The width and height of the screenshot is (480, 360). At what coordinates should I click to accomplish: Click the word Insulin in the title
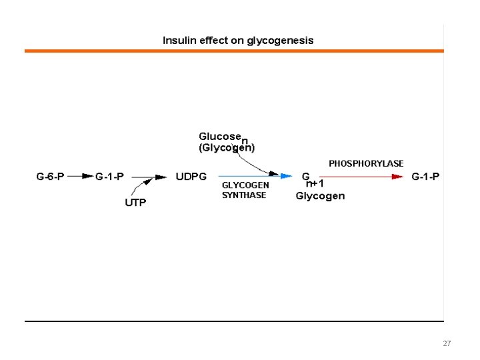176,40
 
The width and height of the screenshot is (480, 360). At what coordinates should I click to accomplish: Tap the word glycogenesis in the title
280,41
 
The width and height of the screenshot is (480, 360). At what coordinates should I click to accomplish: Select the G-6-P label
50,177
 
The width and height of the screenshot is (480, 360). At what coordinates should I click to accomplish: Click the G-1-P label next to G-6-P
109,177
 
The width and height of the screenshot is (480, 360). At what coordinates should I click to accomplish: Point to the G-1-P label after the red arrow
425,177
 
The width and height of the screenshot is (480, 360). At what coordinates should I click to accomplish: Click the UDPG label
191,177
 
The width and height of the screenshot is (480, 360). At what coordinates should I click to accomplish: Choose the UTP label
135,203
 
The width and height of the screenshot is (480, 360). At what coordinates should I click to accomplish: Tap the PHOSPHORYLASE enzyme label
366,163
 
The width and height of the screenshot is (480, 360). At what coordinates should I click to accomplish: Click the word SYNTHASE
244,195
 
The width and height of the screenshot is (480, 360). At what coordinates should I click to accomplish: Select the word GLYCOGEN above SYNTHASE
245,185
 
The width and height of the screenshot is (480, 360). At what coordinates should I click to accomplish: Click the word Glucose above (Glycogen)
219,136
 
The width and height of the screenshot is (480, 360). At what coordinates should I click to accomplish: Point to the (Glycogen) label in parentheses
227,147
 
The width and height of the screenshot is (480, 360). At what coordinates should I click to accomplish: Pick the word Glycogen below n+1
320,196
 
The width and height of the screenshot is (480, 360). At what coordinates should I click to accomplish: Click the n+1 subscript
315,184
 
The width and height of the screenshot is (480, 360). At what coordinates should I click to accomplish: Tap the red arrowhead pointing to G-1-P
398,177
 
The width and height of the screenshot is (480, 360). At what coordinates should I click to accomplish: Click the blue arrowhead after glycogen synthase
286,176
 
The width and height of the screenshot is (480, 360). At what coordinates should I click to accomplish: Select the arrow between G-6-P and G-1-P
80,177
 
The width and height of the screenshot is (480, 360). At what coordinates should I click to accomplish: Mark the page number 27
447,343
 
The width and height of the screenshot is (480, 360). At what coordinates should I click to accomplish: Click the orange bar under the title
233,51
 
